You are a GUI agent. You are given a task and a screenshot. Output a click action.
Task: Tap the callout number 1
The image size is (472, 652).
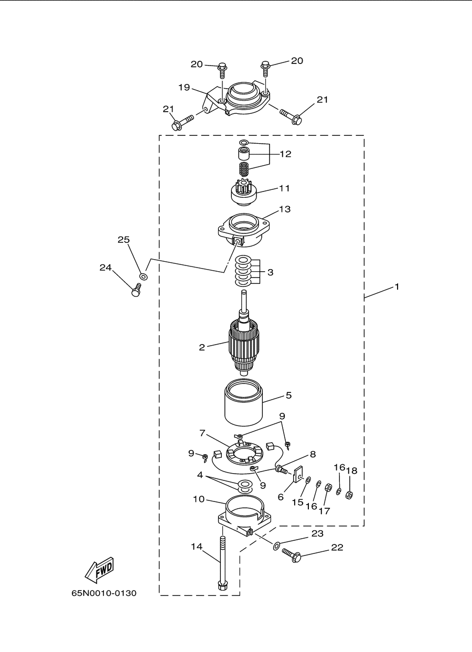pos(396,287)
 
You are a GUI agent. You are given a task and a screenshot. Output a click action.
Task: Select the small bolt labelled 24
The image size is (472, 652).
pos(136,290)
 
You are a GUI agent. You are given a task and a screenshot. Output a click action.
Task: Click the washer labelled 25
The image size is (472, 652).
pos(143,276)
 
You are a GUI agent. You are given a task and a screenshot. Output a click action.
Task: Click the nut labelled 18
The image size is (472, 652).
pos(349,495)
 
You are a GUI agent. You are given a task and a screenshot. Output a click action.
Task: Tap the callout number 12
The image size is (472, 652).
pos(285,154)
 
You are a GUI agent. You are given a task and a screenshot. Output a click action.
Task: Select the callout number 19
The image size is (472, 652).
pos(184,87)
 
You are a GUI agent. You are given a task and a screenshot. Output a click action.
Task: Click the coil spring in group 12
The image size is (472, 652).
pos(244,168)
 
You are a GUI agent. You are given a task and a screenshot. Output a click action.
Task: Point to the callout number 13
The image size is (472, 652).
pos(285,209)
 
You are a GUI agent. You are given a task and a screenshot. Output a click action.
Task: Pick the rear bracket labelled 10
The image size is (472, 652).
pos(244,518)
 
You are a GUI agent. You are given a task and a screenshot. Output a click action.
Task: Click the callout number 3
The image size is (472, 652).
pos(270,272)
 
